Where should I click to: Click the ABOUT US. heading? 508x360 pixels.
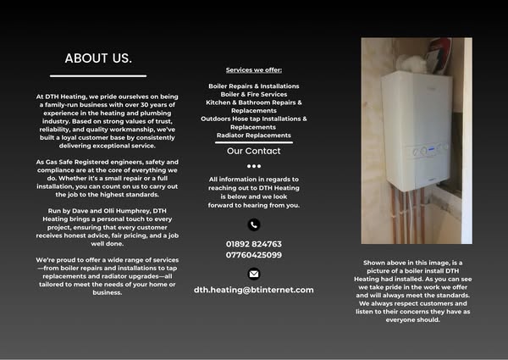click(x=98, y=58)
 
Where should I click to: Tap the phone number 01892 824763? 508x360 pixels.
click(x=253, y=244)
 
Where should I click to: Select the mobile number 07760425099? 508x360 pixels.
click(x=253, y=254)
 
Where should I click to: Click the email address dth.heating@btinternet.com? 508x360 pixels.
click(x=253, y=290)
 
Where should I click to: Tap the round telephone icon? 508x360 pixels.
click(x=253, y=224)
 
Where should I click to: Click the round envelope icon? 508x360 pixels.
click(x=253, y=273)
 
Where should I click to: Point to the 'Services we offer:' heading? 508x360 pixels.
click(x=253, y=69)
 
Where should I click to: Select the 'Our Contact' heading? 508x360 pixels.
click(x=253, y=151)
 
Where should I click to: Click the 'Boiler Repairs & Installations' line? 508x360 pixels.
click(x=253, y=86)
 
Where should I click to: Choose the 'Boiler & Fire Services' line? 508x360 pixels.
click(x=253, y=94)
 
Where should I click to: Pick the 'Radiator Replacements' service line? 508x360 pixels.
click(x=253, y=135)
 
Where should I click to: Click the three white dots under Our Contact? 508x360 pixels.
click(x=253, y=166)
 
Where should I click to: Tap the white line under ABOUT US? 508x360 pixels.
click(x=98, y=75)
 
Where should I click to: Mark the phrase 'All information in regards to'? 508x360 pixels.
click(x=253, y=180)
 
